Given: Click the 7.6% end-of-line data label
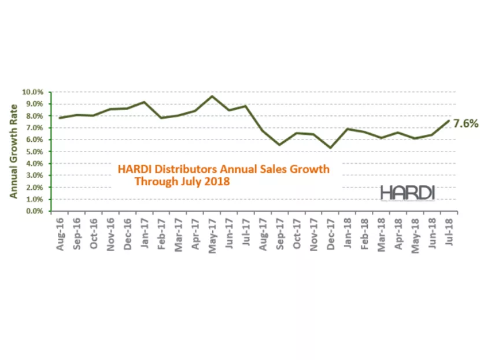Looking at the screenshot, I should [x=465, y=123].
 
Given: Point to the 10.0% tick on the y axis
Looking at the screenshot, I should [x=32, y=92].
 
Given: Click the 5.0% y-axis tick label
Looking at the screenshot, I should [x=34, y=152].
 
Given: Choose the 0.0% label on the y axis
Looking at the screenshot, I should [x=34, y=211].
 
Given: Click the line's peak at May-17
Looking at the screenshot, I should [x=212, y=96].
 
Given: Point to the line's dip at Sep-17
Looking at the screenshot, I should [x=279, y=145].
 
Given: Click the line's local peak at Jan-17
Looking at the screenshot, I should [x=145, y=102].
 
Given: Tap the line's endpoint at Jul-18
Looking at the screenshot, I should [x=448, y=120].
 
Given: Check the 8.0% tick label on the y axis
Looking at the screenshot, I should [x=34, y=116].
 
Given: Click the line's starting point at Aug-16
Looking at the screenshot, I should [x=60, y=118].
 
